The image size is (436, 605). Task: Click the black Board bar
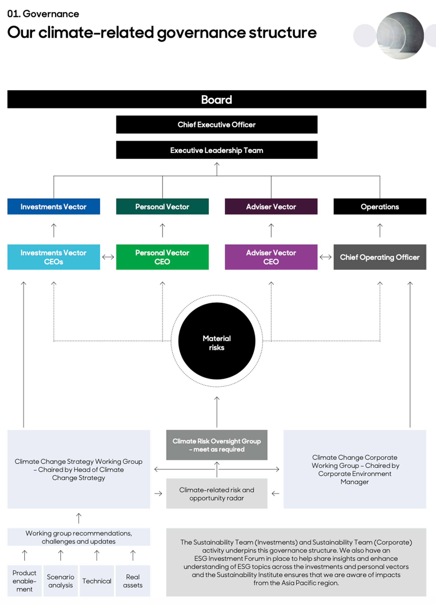coord(216,99)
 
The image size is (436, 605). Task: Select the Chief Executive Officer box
coord(216,125)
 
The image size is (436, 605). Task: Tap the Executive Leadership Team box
coord(216,150)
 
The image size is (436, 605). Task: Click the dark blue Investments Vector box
coord(54,206)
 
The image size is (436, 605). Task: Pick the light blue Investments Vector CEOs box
coord(54,257)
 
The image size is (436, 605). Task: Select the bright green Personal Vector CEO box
coord(162,257)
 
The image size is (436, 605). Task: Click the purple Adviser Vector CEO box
coord(271,257)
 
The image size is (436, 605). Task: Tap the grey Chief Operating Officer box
coord(380,257)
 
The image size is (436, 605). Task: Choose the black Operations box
coord(380,206)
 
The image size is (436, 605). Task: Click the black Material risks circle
coord(216,341)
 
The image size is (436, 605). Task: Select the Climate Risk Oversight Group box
coord(216,445)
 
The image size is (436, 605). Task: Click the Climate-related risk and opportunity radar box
coord(216,494)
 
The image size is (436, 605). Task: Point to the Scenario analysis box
coord(61,581)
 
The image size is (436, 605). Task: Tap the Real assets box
coord(133,581)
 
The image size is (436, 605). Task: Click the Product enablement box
coord(24,581)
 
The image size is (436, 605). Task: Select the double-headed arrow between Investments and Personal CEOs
coord(108,257)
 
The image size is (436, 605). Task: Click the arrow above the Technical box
coord(97,555)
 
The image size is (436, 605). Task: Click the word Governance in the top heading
coord(51,14)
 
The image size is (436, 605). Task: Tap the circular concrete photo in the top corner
coord(400,35)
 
